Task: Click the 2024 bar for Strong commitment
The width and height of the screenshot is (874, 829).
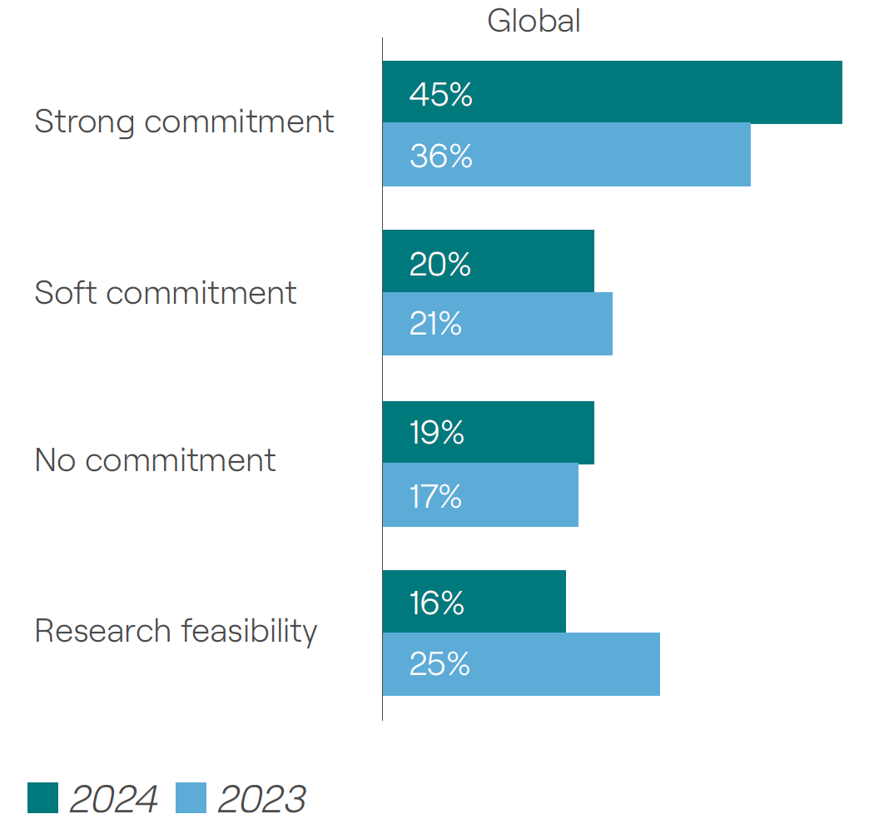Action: (x=612, y=92)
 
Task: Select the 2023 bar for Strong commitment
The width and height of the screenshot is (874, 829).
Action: (x=566, y=155)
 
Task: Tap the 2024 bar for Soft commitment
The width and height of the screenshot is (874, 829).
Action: (x=489, y=261)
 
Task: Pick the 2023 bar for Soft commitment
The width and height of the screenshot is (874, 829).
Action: (x=497, y=324)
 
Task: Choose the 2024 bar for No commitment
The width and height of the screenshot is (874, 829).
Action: (x=489, y=433)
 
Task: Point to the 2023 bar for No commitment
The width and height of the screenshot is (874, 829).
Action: (x=480, y=495)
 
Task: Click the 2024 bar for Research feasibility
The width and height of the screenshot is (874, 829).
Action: (x=474, y=602)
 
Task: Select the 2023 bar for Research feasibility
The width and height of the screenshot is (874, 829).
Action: (x=521, y=664)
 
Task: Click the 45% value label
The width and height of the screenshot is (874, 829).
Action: (x=440, y=94)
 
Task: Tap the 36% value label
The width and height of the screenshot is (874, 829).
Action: (x=440, y=156)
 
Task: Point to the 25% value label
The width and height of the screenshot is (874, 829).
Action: (x=439, y=664)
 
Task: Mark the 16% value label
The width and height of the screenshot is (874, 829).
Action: (x=436, y=602)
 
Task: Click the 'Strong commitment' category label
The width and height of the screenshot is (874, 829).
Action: (x=184, y=122)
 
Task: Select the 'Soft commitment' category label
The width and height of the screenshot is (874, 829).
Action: (x=165, y=293)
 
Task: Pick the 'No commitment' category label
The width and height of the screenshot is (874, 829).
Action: (x=155, y=460)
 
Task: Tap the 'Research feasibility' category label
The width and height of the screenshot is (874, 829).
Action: (x=176, y=631)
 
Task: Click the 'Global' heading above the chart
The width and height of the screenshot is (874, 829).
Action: (x=534, y=20)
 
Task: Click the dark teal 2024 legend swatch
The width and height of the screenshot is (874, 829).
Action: (x=42, y=797)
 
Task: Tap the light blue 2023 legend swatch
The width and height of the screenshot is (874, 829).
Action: (x=191, y=797)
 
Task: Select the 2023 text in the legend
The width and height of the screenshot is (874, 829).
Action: (x=261, y=799)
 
